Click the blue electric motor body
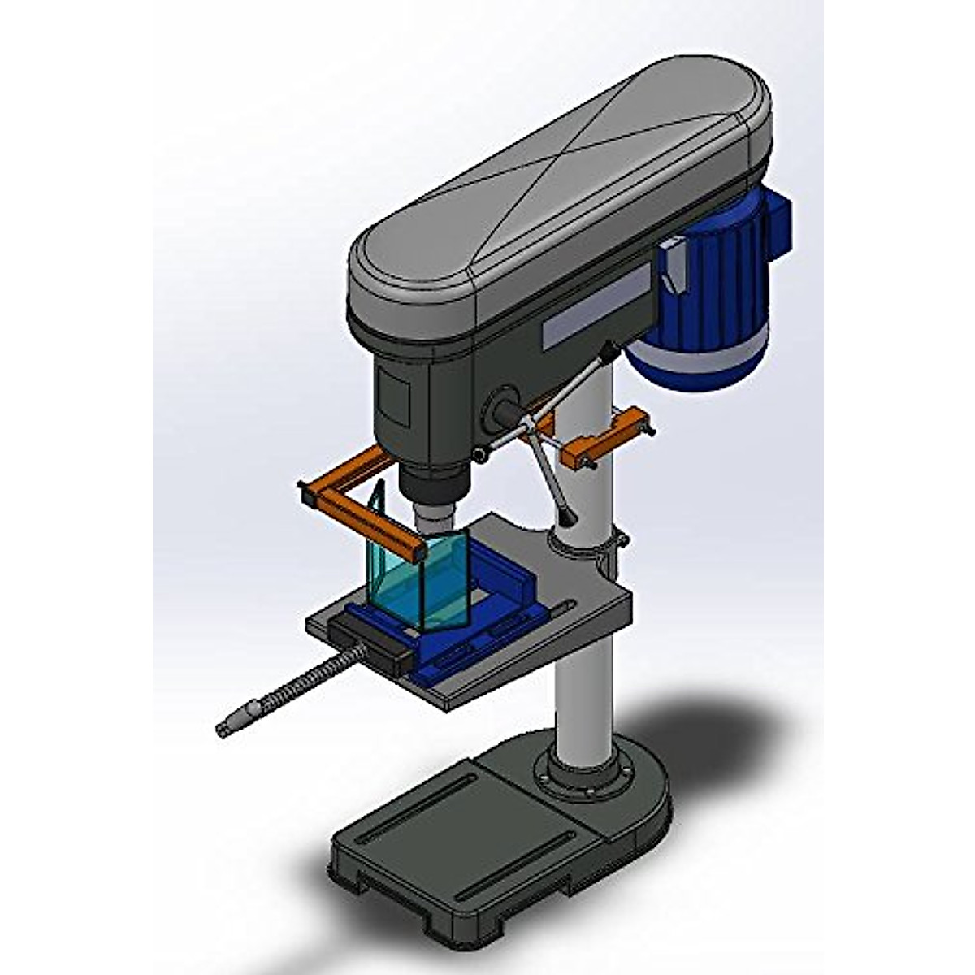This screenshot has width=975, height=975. point(715,284)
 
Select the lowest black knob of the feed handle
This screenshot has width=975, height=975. point(566,515)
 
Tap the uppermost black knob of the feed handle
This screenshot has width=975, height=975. point(605,351)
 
